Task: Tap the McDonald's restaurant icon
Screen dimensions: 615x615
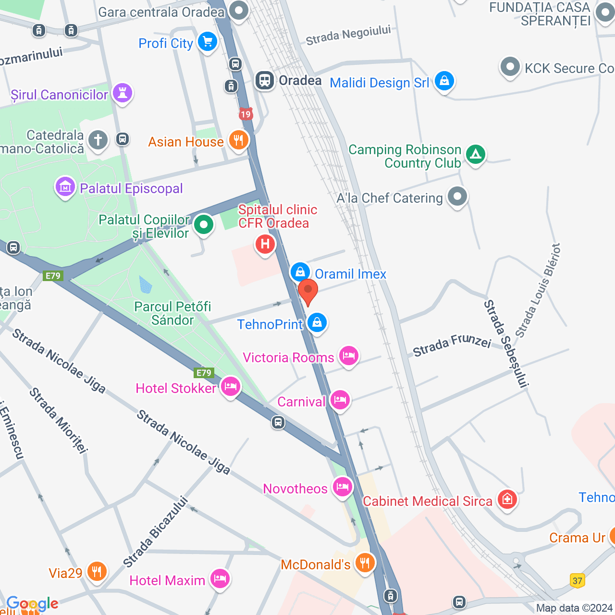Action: pyautogui.click(x=365, y=563)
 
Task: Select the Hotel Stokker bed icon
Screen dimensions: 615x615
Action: pyautogui.click(x=231, y=387)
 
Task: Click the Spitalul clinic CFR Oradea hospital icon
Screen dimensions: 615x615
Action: pyautogui.click(x=265, y=245)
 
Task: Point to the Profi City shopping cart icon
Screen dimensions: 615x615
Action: pyautogui.click(x=208, y=42)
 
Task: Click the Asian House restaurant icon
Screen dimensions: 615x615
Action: pyautogui.click(x=238, y=141)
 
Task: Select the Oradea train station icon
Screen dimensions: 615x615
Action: pyautogui.click(x=265, y=80)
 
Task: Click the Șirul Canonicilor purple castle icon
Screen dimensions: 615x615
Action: pyautogui.click(x=123, y=93)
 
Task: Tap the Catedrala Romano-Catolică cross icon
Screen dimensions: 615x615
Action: pyautogui.click(x=98, y=140)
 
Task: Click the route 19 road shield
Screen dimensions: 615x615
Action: pyautogui.click(x=246, y=114)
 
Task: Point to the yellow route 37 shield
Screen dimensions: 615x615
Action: pyautogui.click(x=578, y=580)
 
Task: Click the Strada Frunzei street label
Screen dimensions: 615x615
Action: pyautogui.click(x=452, y=344)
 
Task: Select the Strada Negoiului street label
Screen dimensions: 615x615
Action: pyautogui.click(x=348, y=36)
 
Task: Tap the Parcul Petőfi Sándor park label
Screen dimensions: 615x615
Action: pyautogui.click(x=172, y=313)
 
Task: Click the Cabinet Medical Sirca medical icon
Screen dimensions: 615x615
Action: pyautogui.click(x=507, y=500)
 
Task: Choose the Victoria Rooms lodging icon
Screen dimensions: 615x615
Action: pyautogui.click(x=349, y=356)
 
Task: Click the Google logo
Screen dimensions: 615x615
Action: pyautogui.click(x=32, y=603)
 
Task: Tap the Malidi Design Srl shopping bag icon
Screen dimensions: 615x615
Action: pyautogui.click(x=444, y=81)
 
